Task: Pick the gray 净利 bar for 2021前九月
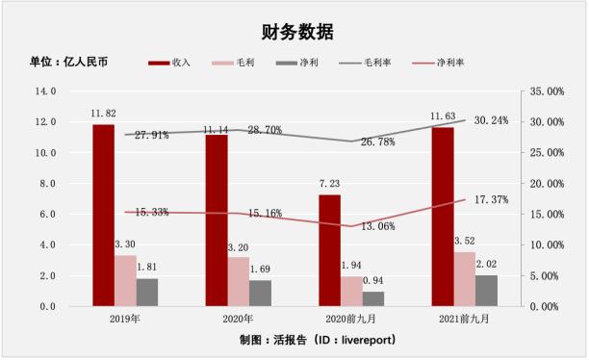[487, 291]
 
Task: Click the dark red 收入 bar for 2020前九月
[329, 250]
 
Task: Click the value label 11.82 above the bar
[103, 115]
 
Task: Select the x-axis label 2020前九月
[351, 319]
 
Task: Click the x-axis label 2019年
[125, 319]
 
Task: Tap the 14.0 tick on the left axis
[46, 91]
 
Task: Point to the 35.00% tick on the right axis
[547, 91]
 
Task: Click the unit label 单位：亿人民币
[68, 63]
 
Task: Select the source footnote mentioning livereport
[318, 341]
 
